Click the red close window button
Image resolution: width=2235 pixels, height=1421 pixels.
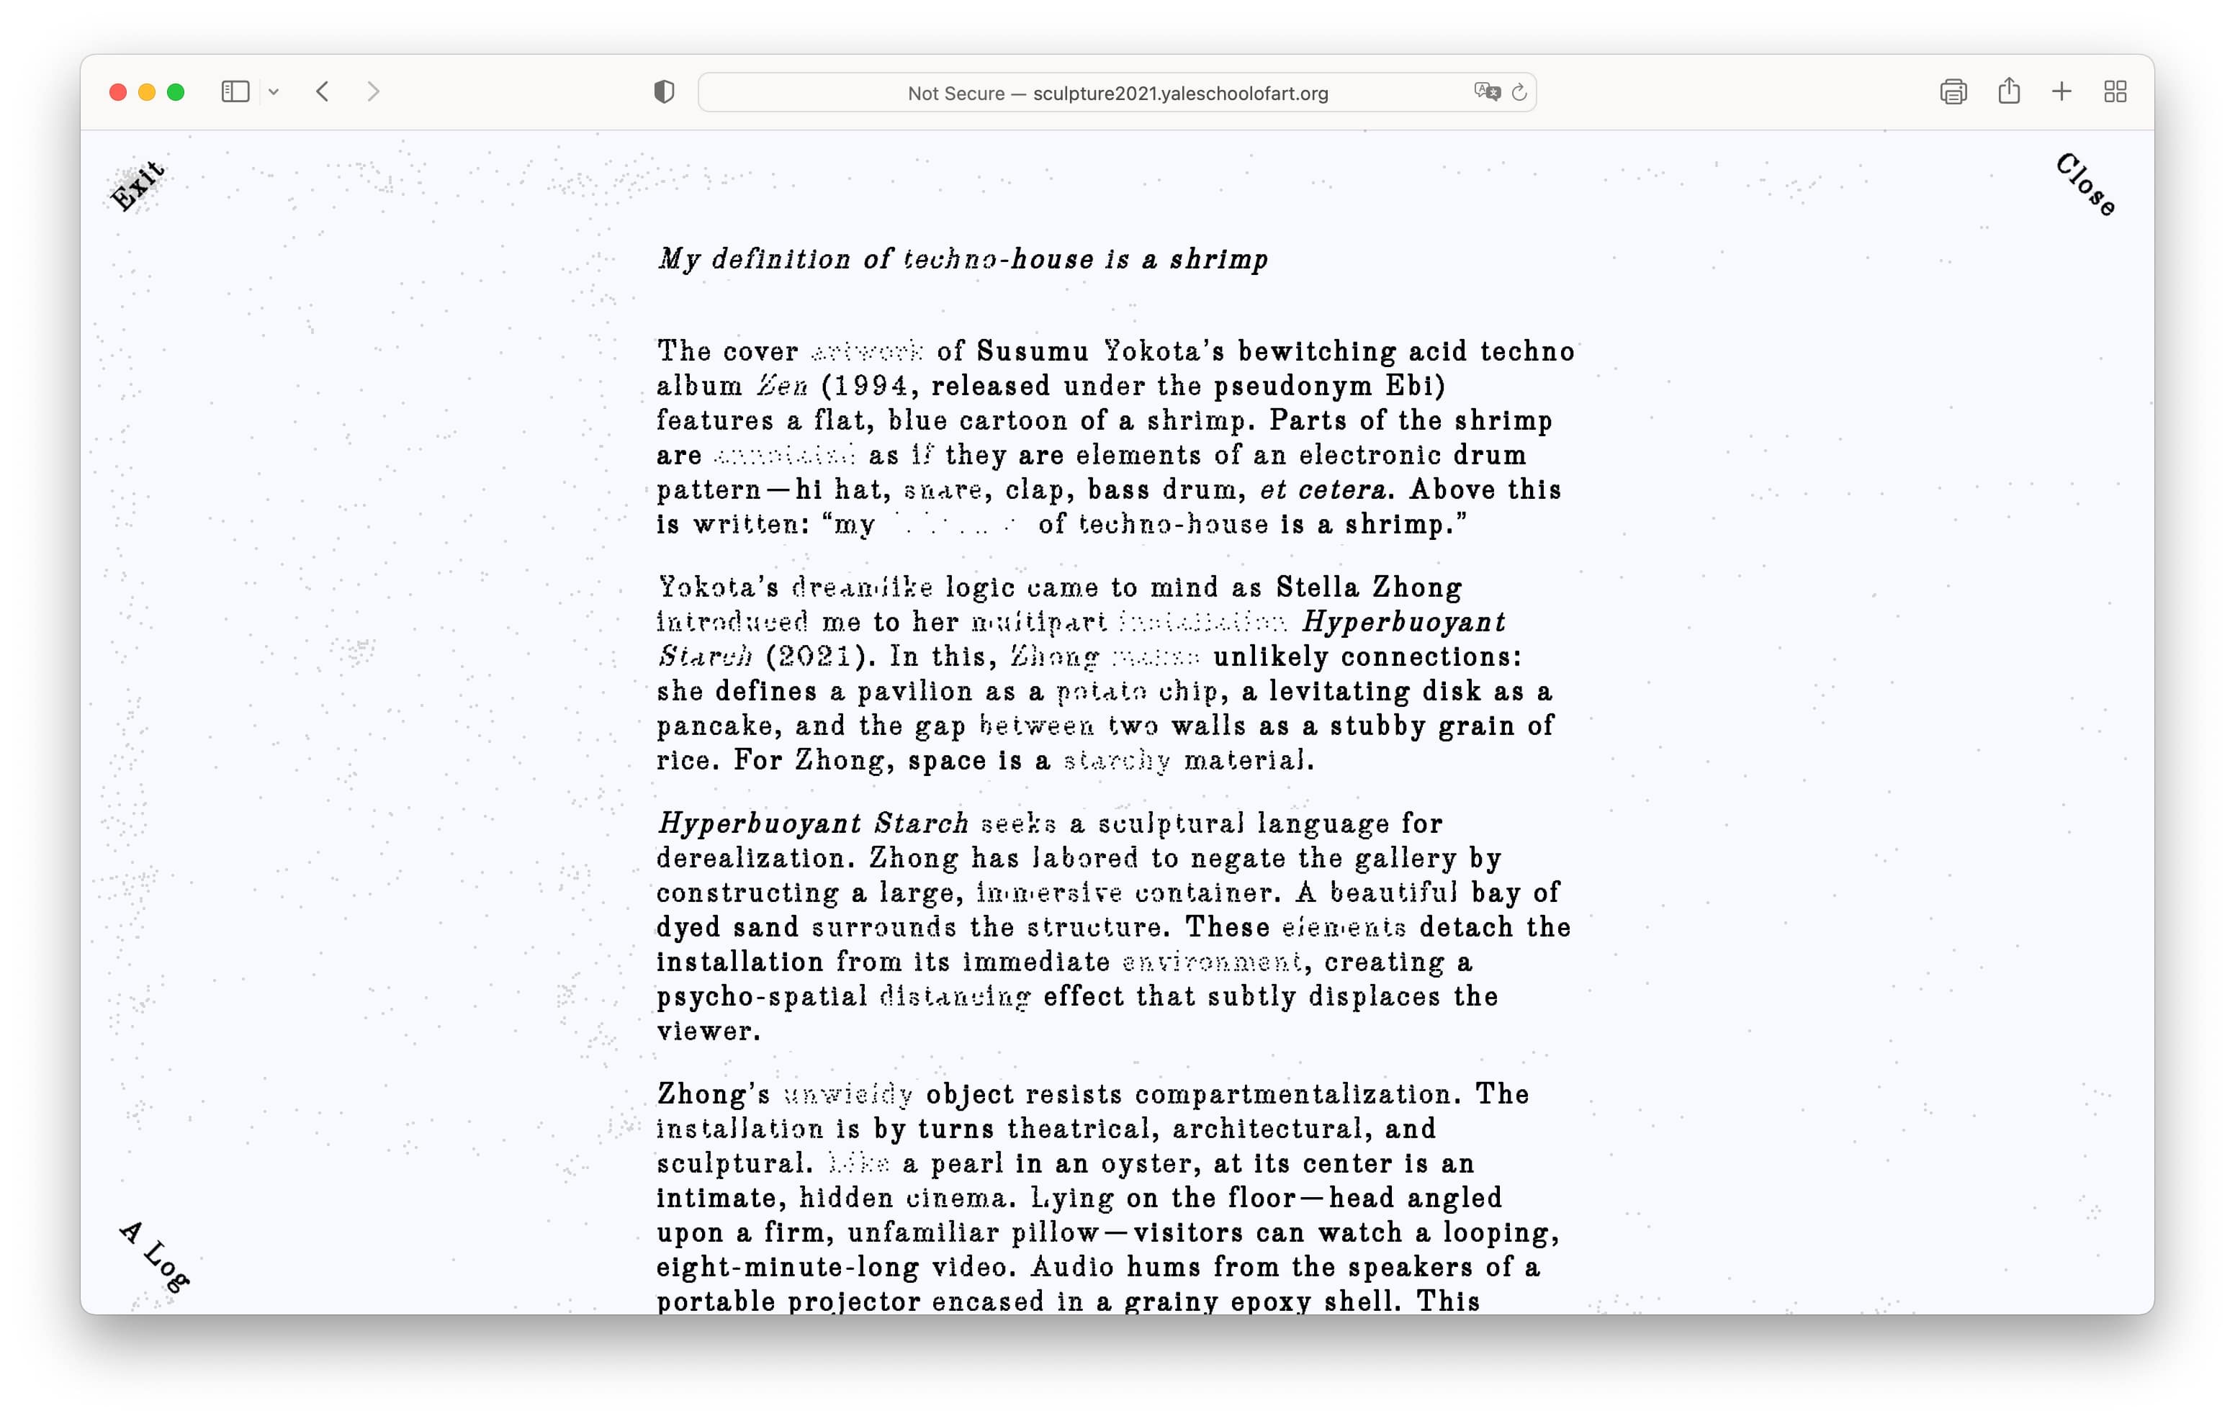(x=118, y=92)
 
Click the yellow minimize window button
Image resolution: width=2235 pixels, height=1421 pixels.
(x=147, y=92)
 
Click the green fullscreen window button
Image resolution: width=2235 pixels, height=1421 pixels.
(x=176, y=92)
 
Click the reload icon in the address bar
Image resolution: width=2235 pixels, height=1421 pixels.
(x=1519, y=93)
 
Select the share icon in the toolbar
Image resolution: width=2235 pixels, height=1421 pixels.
(x=2008, y=91)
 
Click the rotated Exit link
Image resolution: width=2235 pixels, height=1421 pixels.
(x=138, y=186)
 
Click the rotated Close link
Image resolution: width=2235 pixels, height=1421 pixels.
(x=2085, y=184)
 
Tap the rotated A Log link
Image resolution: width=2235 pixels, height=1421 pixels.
(x=155, y=1257)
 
